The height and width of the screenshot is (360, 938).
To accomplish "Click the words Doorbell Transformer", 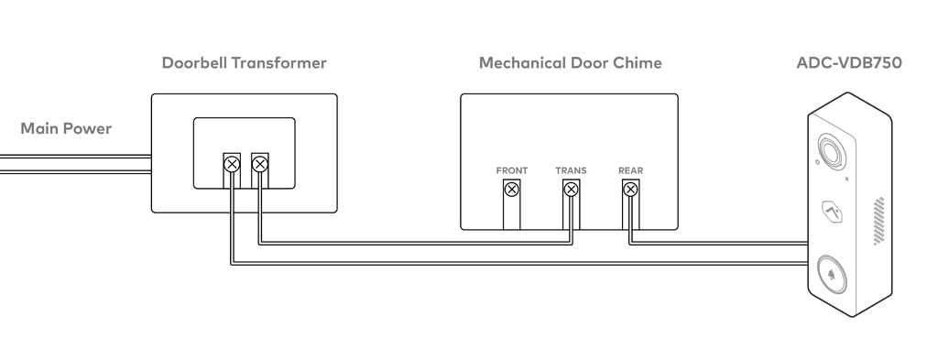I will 244,63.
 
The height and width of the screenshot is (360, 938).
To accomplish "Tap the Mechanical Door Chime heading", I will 570,63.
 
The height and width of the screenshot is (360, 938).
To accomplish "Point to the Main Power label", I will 66,128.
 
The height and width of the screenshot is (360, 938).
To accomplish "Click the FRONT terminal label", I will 512,171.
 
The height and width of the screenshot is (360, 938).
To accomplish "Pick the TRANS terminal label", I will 571,171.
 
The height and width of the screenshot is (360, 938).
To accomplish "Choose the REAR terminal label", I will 630,171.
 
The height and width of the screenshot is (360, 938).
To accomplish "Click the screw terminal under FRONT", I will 512,191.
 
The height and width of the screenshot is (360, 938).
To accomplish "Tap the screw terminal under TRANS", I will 571,191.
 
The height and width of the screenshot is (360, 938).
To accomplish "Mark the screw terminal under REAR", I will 630,191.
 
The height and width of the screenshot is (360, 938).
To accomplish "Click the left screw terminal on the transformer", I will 232,165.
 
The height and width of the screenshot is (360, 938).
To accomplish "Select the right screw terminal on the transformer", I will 259,165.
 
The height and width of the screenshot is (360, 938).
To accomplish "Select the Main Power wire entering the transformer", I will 73,164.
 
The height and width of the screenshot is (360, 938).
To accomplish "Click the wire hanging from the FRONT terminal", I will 512,215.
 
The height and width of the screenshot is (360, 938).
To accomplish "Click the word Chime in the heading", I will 638,63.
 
